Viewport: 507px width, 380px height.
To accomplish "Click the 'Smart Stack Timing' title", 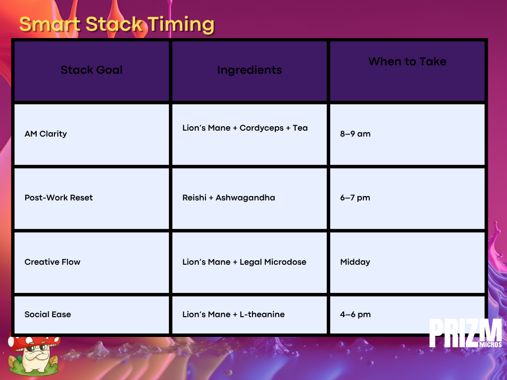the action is [x=117, y=24].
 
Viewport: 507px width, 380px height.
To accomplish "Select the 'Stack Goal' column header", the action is [x=92, y=70].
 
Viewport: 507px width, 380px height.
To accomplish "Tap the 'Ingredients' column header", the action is [x=250, y=70].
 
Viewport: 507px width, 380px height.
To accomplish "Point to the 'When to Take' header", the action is [x=407, y=61].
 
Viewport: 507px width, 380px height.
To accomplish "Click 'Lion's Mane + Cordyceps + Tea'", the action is [x=245, y=128].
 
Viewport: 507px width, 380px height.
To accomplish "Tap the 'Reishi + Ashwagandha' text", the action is [x=229, y=198].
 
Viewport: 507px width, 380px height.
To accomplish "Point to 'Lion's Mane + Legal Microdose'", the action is [x=244, y=262].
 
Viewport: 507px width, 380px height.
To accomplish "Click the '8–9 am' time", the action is [x=355, y=134].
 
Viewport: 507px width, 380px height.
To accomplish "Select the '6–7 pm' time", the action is [x=355, y=198].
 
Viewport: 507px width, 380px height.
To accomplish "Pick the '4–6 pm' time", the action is [x=355, y=314].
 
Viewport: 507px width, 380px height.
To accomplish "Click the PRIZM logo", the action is [x=465, y=333].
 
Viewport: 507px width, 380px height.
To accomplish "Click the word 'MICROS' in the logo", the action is [x=491, y=344].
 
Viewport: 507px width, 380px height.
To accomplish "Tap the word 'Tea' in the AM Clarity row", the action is [x=300, y=128].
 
